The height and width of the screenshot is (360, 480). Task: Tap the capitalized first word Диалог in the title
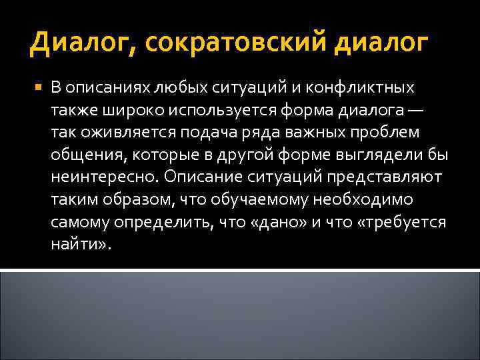pos(81,45)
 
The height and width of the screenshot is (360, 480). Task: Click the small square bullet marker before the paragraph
pos(36,87)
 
